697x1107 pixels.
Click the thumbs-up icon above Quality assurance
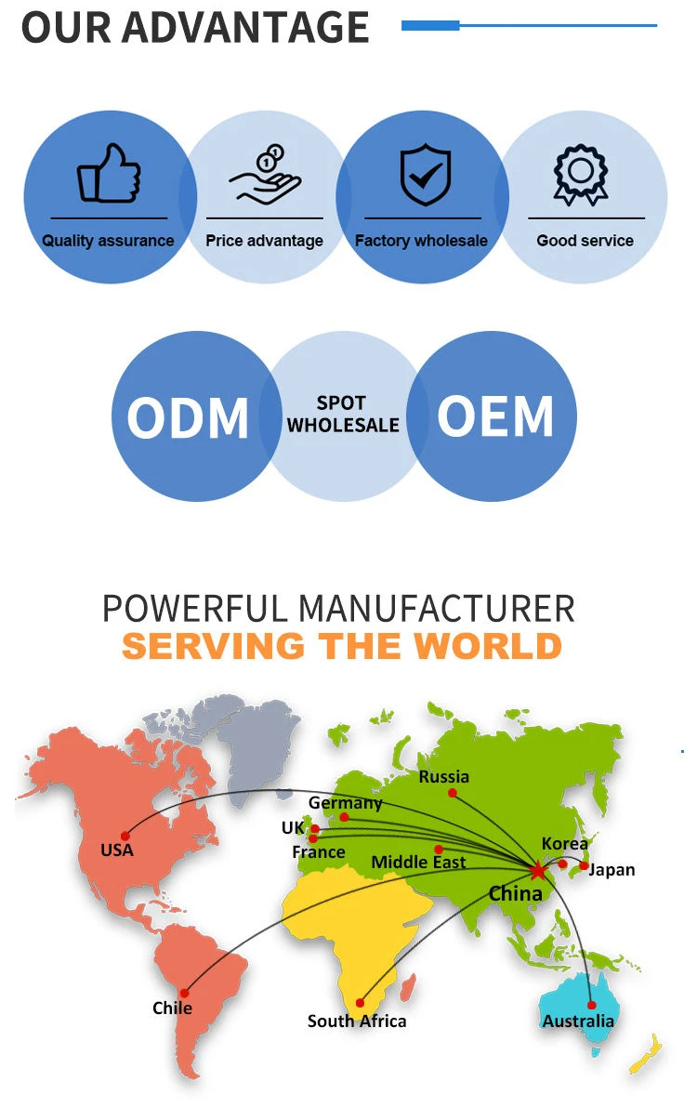[x=109, y=173]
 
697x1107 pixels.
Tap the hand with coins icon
[x=265, y=174]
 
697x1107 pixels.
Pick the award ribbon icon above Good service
[x=581, y=174]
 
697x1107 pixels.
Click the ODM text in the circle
[x=188, y=418]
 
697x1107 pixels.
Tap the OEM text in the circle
[x=495, y=415]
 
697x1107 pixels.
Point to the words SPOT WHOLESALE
[x=343, y=415]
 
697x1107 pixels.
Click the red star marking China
[x=537, y=870]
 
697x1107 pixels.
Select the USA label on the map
[x=117, y=850]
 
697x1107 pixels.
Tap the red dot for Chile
[x=184, y=993]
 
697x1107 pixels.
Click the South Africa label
[x=357, y=1021]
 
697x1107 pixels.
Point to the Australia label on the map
[x=578, y=1021]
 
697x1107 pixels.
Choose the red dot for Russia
[x=452, y=793]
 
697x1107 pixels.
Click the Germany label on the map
[x=345, y=802]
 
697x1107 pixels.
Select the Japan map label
[x=612, y=870]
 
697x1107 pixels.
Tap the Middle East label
[x=418, y=863]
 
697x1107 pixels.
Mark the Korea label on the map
[x=565, y=843]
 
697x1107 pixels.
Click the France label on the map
[x=319, y=852]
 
